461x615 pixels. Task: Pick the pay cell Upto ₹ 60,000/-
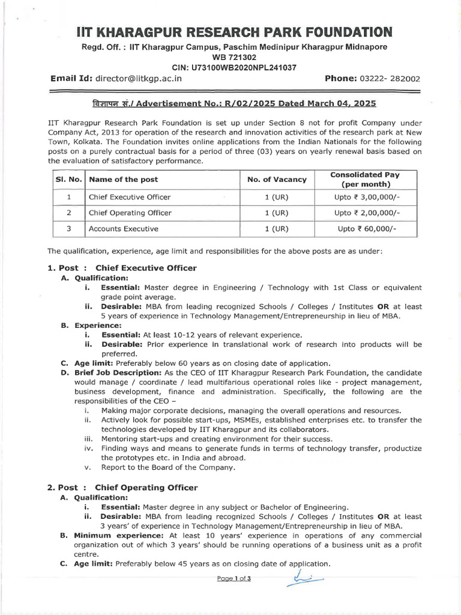pos(367,229)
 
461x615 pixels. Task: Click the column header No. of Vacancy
pos(277,179)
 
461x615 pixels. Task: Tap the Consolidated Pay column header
pos(366,179)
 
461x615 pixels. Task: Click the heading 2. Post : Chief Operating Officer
pos(122,487)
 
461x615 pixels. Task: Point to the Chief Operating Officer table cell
pos(130,213)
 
